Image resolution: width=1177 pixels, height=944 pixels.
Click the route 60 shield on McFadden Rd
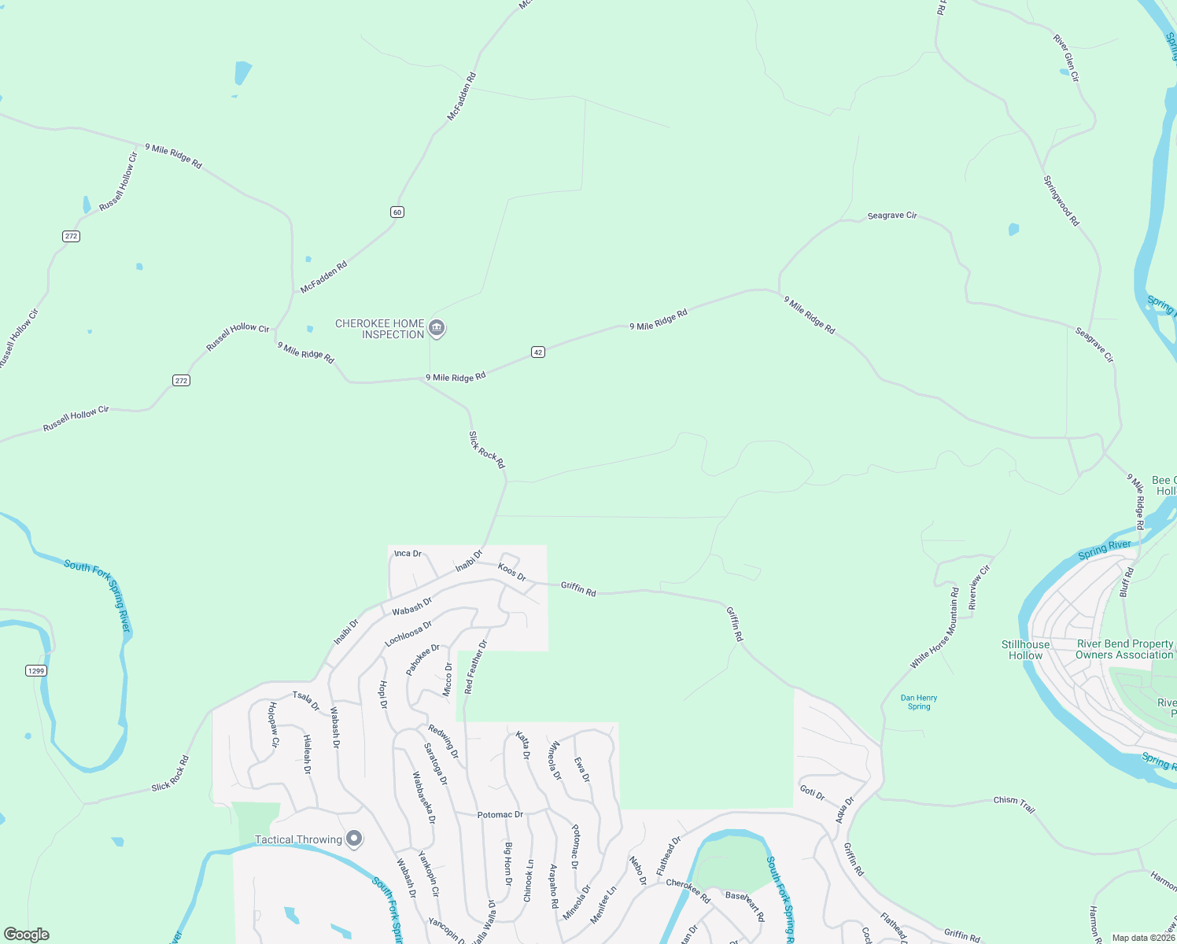click(397, 212)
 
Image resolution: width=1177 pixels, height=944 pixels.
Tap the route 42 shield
click(538, 352)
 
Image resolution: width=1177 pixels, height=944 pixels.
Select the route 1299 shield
click(36, 670)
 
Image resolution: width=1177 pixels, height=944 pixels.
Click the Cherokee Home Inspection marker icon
click(437, 328)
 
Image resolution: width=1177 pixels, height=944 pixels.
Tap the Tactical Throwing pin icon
click(354, 839)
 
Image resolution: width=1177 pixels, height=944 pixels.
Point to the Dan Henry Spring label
click(919, 702)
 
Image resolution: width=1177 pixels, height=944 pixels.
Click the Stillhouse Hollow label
click(1025, 650)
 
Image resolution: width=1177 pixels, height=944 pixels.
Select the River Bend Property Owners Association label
click(1124, 649)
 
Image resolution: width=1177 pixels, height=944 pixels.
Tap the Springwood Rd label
click(1061, 201)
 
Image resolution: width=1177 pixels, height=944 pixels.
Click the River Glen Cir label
click(1066, 57)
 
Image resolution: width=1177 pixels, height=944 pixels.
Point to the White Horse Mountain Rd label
click(935, 628)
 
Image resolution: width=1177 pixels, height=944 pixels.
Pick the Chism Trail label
click(1014, 803)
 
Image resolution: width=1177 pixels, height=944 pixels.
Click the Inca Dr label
click(408, 553)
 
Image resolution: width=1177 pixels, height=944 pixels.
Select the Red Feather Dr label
click(476, 666)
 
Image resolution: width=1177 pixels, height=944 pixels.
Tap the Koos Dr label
click(512, 572)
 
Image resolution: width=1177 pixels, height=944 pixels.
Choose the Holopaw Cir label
click(274, 724)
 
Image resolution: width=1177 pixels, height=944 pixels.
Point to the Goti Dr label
click(812, 792)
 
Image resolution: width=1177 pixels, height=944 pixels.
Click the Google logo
click(27, 935)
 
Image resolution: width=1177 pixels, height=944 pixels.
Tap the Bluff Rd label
click(1127, 582)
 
